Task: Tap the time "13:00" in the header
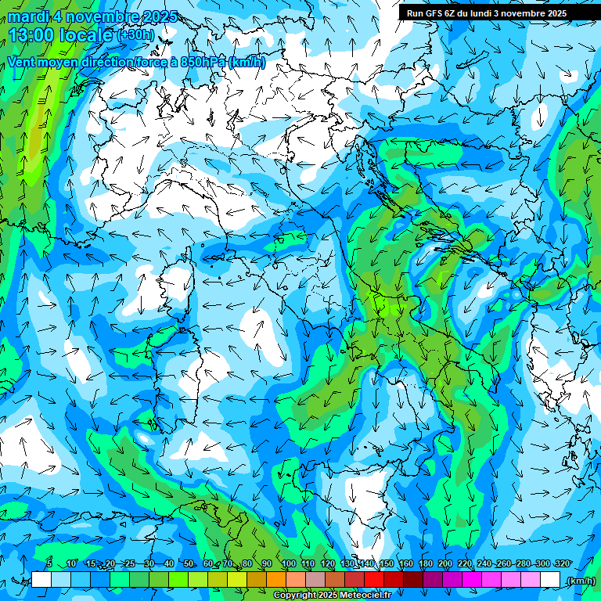(31, 35)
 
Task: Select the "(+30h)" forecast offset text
(136, 35)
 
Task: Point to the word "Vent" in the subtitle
(23, 62)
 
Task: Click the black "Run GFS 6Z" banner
(486, 13)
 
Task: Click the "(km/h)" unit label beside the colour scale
(580, 581)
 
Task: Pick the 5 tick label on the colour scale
(49, 564)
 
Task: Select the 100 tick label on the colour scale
(288, 564)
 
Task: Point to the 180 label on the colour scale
(425, 564)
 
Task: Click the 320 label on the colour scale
(561, 564)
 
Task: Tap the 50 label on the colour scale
(189, 564)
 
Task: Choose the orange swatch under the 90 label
(275, 580)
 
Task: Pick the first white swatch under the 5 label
(41, 580)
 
